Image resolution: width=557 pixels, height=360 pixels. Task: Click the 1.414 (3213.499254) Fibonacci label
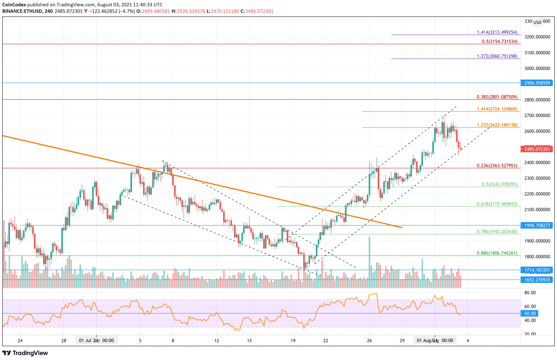click(496, 32)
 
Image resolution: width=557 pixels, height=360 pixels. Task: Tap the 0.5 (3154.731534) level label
click(500, 41)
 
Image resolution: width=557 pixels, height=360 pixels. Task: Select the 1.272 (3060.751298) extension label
click(496, 56)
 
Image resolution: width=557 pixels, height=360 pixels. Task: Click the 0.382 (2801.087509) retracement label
click(496, 97)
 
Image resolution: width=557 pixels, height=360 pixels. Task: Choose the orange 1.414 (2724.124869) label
click(496, 109)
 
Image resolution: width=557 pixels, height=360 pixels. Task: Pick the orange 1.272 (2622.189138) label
click(496, 125)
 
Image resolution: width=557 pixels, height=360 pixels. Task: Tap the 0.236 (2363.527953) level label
click(496, 165)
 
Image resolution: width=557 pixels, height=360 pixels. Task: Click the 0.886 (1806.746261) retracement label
click(496, 252)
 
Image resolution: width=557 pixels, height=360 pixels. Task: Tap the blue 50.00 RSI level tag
click(530, 313)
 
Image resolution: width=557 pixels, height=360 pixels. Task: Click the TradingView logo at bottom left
click(25, 353)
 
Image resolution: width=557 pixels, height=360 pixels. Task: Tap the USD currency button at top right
click(537, 23)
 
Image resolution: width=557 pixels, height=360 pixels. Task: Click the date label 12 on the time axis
click(216, 340)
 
